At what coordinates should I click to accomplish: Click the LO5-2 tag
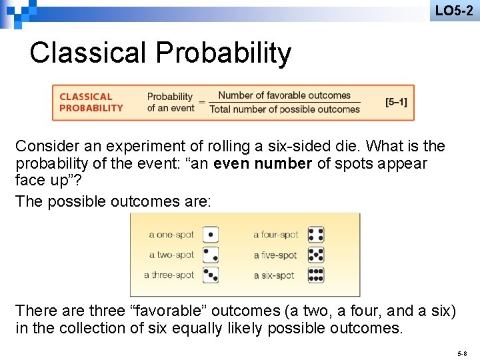pos(454,10)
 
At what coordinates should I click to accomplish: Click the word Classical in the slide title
pos(85,53)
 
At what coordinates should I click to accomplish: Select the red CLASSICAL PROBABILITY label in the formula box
pos(91,102)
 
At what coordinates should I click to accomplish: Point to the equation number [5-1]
pos(396,102)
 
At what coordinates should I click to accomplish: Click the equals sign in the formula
pos(201,103)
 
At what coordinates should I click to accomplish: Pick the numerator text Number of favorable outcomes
pos(284,95)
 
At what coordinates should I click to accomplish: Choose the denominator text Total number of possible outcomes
pos(285,109)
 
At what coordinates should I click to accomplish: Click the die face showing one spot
pos(210,235)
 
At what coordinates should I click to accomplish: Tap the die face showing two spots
pos(210,255)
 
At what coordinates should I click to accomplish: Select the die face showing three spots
pos(210,275)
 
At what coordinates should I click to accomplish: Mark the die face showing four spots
pos(316,235)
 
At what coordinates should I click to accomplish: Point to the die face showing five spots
pos(316,255)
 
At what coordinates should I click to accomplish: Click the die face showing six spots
pos(316,275)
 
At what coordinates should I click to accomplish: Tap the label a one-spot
pos(171,235)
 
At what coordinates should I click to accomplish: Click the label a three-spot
pos(169,275)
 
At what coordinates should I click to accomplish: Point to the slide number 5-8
pos(462,352)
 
